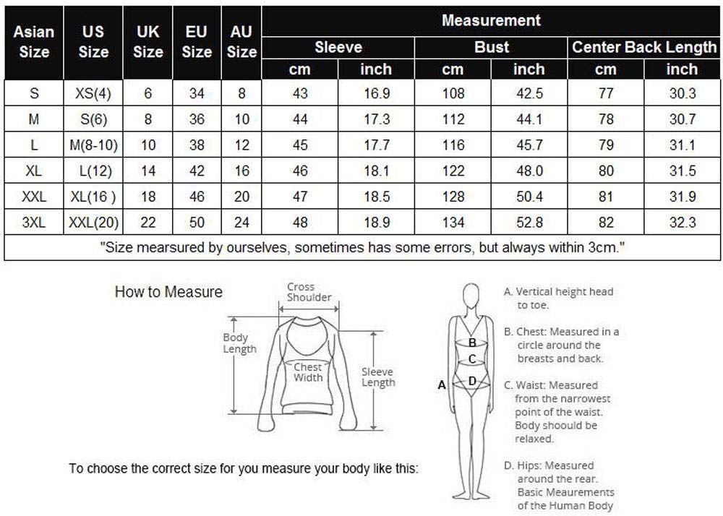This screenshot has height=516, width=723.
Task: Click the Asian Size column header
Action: coord(34,42)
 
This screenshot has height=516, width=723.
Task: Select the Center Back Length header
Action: coord(643,48)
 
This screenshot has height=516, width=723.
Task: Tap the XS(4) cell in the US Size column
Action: coord(93,94)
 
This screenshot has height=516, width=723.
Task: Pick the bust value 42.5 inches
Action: coord(529,94)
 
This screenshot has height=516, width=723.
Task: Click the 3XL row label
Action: coord(34,223)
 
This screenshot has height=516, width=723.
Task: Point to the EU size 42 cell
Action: coord(197,171)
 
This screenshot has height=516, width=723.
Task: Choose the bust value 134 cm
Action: coord(453,223)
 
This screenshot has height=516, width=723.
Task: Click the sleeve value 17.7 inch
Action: coord(376,145)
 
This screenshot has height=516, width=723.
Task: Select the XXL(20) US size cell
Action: coord(93,223)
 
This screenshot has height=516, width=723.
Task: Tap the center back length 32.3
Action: coord(682,223)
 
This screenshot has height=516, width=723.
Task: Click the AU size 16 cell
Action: coord(241,171)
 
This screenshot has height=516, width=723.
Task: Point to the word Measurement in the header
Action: coord(491,20)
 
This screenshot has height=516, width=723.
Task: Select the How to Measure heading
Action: coord(168,293)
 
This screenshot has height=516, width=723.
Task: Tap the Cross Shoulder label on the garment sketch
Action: coord(309,293)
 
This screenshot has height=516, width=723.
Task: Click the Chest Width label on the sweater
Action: coord(308,372)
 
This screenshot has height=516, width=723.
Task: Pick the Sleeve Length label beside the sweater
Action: coord(377,377)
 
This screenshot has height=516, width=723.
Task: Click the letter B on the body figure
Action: coord(472,343)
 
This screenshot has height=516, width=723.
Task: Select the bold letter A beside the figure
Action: coord(442,385)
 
